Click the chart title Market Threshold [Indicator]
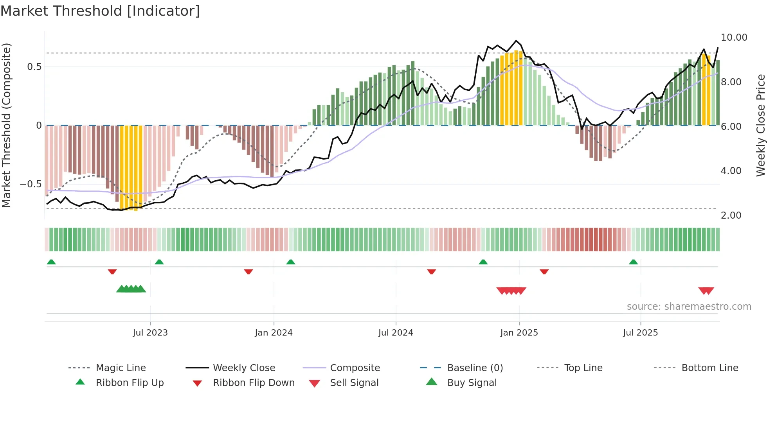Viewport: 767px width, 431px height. click(100, 11)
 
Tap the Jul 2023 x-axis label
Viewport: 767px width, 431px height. click(150, 333)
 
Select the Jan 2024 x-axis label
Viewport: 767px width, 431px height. click(274, 333)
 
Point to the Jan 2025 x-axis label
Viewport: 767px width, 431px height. click(519, 333)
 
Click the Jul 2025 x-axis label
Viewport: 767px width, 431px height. click(640, 333)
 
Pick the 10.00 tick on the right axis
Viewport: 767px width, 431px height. click(734, 38)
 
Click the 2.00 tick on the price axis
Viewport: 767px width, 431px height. click(731, 215)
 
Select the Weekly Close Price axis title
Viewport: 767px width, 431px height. click(760, 125)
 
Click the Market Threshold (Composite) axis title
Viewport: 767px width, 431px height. click(6, 125)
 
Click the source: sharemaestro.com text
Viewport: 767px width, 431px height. click(689, 307)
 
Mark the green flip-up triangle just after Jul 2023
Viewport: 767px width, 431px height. click(159, 262)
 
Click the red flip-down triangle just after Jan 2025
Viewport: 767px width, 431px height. click(544, 271)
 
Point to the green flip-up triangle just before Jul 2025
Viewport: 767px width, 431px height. click(633, 262)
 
